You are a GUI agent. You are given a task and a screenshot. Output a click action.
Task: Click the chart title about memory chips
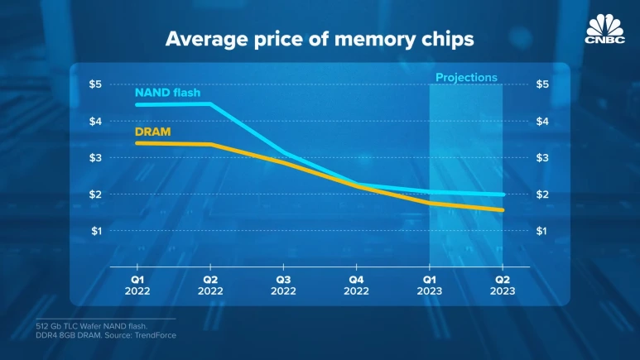(x=319, y=39)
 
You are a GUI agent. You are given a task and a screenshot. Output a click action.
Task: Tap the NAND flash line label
(x=167, y=93)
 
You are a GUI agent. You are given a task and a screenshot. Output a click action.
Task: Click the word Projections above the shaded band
(x=466, y=78)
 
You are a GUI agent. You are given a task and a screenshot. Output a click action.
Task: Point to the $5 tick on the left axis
(x=96, y=84)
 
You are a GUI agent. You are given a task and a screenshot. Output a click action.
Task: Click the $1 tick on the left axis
(x=96, y=230)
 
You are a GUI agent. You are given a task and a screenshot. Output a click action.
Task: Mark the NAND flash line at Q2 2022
(x=210, y=104)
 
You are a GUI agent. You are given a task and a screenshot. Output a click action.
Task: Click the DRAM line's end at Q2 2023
(x=502, y=210)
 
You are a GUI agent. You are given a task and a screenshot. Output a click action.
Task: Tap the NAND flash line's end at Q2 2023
(x=502, y=194)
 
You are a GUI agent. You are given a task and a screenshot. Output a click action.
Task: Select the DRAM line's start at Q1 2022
(x=137, y=143)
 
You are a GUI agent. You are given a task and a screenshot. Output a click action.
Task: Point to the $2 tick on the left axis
(x=96, y=194)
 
